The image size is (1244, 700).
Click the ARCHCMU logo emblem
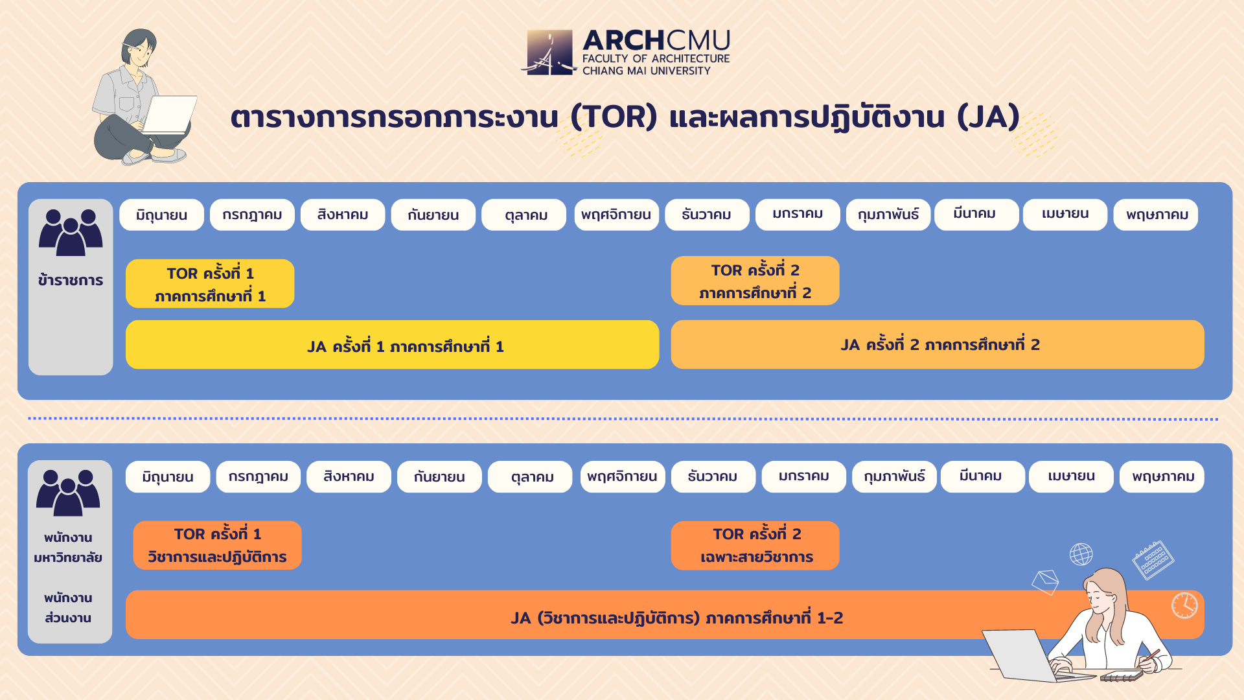click(x=549, y=52)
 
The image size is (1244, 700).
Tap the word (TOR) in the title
click(x=614, y=117)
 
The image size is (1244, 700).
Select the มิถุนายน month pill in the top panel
click(x=161, y=215)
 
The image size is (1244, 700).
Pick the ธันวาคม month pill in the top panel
click(x=707, y=215)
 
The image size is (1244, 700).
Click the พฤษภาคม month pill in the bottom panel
click(x=1162, y=476)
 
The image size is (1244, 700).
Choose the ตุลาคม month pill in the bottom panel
click(x=530, y=476)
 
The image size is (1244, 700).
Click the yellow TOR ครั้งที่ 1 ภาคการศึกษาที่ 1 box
click(x=210, y=283)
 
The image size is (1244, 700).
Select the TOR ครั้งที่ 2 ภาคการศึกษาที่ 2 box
click(x=755, y=281)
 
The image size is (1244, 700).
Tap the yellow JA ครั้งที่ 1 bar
click(x=392, y=345)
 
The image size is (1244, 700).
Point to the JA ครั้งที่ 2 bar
click(x=938, y=345)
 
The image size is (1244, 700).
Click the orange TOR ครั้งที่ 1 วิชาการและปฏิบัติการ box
click(x=217, y=545)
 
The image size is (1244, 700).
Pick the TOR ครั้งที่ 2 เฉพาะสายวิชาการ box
click(x=755, y=545)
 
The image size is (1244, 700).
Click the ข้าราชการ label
click(x=71, y=280)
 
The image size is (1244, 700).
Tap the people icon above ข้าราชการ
click(x=71, y=232)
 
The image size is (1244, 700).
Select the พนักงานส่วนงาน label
click(x=68, y=607)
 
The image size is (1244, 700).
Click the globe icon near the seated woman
click(x=1081, y=554)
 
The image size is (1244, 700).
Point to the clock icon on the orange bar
click(x=1184, y=605)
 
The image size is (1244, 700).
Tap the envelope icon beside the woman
click(x=1045, y=581)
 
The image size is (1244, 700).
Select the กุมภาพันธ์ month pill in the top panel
click(x=888, y=215)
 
